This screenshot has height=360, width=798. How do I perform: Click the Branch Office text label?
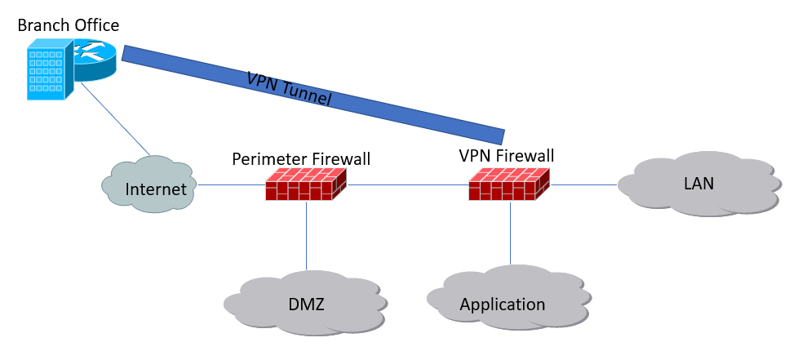pos(69,25)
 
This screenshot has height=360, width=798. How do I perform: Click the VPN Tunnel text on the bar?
pos(289,89)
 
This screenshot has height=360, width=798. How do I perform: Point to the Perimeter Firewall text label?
pos(301,158)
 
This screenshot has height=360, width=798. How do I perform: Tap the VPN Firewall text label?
pos(507,155)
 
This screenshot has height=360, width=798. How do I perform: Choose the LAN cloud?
pos(698,184)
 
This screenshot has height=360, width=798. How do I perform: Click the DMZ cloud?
pos(305,304)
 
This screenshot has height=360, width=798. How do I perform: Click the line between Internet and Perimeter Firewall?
pos(231,184)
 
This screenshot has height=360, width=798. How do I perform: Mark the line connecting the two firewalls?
pos(408,184)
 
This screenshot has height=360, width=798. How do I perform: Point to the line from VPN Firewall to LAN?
pos(583,184)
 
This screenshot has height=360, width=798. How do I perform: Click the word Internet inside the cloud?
pos(156,189)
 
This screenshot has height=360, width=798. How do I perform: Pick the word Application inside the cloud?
pos(503,304)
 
